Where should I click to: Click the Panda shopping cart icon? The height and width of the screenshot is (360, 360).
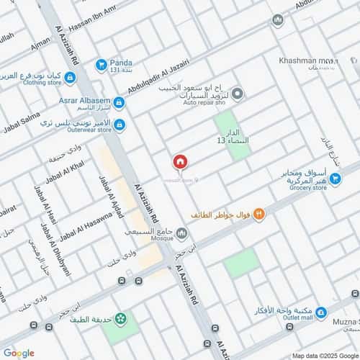coord(102,64)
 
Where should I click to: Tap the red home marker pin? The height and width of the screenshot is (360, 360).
coord(180,163)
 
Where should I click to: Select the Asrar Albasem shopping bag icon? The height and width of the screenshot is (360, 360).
coord(119,103)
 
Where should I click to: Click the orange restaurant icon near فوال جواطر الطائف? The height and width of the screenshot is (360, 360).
coord(258,214)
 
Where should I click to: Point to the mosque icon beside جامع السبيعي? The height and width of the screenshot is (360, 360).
coord(181,234)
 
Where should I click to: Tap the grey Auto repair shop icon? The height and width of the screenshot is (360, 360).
coord(238,93)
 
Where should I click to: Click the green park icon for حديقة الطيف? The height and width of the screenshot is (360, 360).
coord(120,318)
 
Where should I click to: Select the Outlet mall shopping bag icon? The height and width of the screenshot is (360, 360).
coord(321,312)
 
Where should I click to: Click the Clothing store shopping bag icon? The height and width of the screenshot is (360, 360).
coord(70,77)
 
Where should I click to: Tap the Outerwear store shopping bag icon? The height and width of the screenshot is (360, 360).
coord(120,125)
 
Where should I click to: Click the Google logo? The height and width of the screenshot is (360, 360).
coord(18,353)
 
